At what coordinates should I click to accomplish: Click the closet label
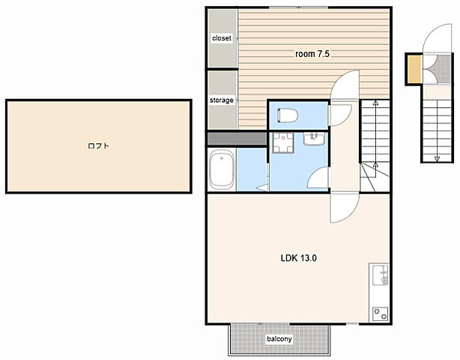(x=222, y=38)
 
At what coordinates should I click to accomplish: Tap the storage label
(x=222, y=100)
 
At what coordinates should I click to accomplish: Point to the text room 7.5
(x=312, y=54)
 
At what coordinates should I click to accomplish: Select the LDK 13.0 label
(x=298, y=258)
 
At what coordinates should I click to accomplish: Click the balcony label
(x=279, y=339)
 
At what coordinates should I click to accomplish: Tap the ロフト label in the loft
(x=98, y=145)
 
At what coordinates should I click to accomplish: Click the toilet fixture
(x=287, y=115)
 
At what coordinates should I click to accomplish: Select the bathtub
(x=222, y=169)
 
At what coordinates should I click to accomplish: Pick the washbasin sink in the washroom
(x=314, y=139)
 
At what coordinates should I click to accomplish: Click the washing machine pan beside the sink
(x=283, y=142)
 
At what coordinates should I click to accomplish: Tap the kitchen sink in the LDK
(x=380, y=275)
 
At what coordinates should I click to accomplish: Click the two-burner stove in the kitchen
(x=380, y=313)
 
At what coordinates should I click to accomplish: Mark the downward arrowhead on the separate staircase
(x=437, y=159)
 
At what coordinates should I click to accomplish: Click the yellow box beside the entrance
(x=414, y=69)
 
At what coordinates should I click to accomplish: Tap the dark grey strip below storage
(x=237, y=139)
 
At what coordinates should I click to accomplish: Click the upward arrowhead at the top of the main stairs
(x=375, y=103)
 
